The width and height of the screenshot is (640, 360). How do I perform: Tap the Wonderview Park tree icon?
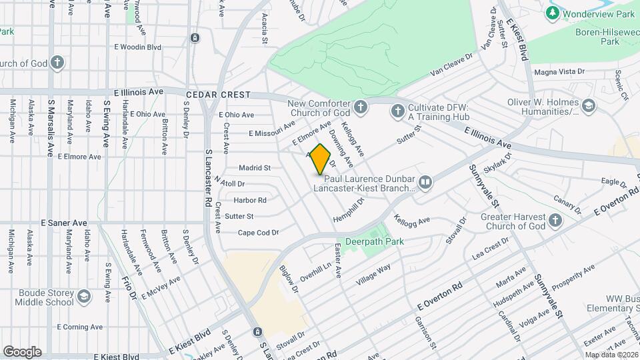(x=552, y=13)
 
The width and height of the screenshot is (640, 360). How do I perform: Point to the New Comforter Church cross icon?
(x=360, y=107)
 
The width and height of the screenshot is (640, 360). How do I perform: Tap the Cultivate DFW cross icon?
(x=398, y=111)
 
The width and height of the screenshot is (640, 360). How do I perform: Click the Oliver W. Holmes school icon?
(x=588, y=106)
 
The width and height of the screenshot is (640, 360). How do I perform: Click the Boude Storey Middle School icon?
(x=83, y=296)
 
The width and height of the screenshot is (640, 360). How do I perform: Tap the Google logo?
(x=22, y=352)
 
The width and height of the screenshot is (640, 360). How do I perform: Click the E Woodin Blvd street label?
(x=138, y=47)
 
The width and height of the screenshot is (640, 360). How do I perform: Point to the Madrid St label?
(x=255, y=168)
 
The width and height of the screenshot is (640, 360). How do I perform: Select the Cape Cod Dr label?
(x=258, y=233)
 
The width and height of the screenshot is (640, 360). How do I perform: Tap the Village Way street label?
(x=373, y=275)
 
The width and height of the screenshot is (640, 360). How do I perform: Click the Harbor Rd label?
(x=250, y=200)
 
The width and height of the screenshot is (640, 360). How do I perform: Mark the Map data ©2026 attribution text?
(x=611, y=355)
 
